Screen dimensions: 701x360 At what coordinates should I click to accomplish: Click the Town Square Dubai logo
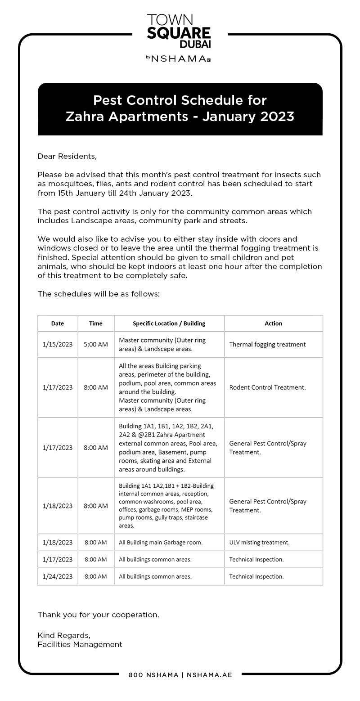click(179, 31)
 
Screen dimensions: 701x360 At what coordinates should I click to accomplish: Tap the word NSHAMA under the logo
click(180, 58)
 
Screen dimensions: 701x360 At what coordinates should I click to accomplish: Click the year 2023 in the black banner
click(275, 117)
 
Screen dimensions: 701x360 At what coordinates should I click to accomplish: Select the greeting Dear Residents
click(67, 156)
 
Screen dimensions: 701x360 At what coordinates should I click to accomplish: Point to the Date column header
click(58, 324)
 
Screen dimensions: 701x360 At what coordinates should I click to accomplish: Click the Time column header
click(96, 324)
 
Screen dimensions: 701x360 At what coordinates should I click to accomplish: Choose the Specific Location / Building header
click(169, 324)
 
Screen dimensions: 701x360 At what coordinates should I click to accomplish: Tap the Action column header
click(273, 324)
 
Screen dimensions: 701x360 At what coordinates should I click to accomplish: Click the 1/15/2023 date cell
click(58, 345)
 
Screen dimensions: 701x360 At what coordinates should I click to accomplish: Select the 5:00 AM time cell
click(96, 345)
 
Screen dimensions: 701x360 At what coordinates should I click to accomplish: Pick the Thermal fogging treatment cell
click(267, 345)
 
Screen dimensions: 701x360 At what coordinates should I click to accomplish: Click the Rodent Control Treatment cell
click(267, 387)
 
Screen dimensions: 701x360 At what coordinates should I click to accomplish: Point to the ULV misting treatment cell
click(259, 543)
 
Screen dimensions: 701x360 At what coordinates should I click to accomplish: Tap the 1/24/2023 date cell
click(58, 576)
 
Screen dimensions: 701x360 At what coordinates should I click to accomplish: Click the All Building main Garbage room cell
click(161, 543)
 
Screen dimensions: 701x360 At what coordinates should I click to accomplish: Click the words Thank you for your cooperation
click(98, 615)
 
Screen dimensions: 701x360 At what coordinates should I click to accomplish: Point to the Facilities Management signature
click(80, 644)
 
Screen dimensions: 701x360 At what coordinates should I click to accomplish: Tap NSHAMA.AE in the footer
click(209, 675)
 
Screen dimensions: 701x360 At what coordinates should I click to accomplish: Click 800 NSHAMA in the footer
click(153, 675)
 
